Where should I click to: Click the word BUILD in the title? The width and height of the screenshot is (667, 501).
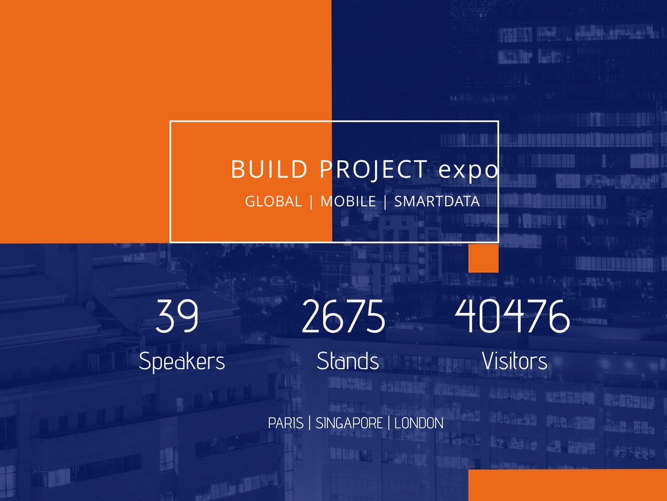[x=269, y=169]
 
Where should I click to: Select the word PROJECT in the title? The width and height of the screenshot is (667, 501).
[x=372, y=169]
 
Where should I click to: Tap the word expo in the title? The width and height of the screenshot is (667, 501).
[x=468, y=171]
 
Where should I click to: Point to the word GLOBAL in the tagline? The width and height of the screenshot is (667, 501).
[x=274, y=202]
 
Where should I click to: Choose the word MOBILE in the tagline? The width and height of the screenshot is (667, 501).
[x=348, y=202]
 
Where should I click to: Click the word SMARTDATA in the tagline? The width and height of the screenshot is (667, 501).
[x=437, y=202]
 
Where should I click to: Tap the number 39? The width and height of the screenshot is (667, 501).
[x=177, y=316]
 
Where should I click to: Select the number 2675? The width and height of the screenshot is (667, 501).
[x=343, y=316]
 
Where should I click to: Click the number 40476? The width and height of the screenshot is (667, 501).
[x=512, y=316]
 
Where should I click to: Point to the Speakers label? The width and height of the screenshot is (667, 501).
[x=182, y=361]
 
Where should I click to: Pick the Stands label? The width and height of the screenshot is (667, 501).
[x=348, y=361]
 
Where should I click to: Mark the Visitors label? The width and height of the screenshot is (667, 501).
[x=514, y=361]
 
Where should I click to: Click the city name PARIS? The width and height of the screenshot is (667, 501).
[x=285, y=424]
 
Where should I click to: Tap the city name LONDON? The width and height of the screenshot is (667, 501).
[x=419, y=424]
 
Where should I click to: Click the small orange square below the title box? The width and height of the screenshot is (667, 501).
[x=483, y=258]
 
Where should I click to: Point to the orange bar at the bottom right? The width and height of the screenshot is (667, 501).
[x=567, y=485]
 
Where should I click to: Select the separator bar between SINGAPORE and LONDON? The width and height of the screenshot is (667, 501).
[x=389, y=424]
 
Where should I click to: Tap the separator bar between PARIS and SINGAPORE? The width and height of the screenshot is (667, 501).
[x=309, y=424]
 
